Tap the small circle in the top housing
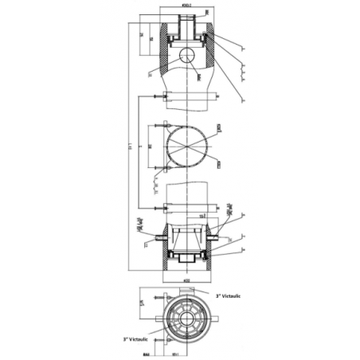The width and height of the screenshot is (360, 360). [188, 55]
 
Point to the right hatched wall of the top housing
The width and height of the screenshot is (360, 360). [211, 45]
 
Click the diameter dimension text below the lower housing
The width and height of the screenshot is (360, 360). [187, 280]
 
